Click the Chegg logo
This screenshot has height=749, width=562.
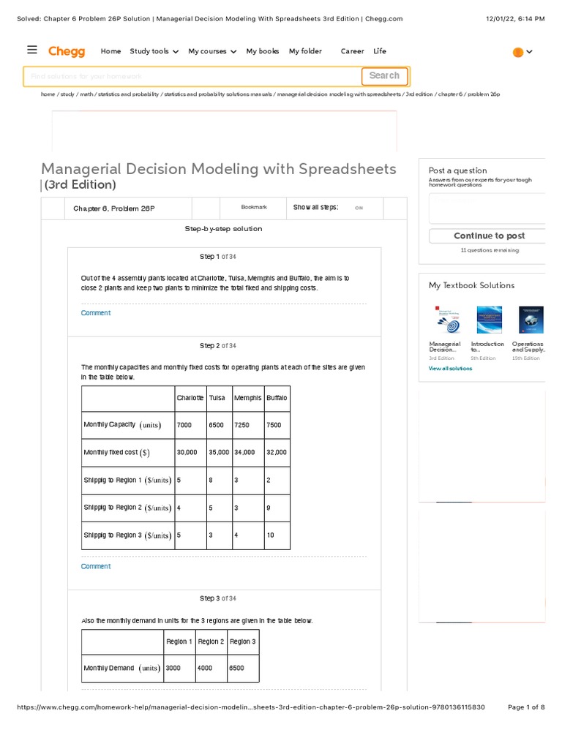67,51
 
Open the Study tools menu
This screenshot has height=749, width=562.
154,51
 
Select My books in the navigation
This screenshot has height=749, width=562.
262,51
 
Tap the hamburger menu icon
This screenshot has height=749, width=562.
31,50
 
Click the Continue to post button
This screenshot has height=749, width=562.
489,236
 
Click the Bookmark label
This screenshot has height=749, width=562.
254,208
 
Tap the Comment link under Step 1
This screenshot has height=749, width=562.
96,313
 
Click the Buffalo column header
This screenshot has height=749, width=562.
277,398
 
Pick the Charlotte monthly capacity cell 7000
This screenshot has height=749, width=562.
184,425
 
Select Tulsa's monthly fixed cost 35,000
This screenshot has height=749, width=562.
218,453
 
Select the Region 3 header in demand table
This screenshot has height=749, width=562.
242,641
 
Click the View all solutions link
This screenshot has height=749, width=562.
450,369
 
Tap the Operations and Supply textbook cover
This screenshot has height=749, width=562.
531,320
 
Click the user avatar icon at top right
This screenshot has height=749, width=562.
518,52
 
